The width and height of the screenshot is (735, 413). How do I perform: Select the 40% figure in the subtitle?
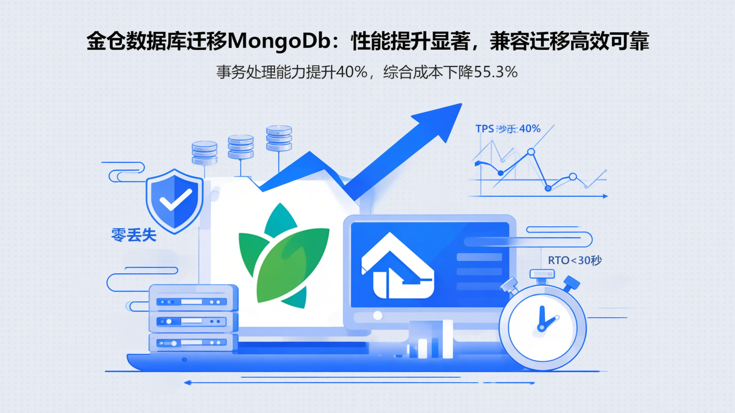351,72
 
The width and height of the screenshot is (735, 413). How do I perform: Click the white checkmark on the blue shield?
175,199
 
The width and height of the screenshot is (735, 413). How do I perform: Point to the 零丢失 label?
134,236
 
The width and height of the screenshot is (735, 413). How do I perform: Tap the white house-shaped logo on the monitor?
397,265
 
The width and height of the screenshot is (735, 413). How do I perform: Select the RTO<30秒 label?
575,261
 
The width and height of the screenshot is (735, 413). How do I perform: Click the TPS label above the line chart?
484,129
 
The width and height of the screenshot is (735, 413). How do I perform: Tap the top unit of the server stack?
193,301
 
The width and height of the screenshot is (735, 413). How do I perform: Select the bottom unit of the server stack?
193,343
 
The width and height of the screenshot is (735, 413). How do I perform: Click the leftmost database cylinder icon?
204,152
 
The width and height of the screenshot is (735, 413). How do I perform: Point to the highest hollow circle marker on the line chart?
531,151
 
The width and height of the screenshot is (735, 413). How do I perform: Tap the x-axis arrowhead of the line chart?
605,196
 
